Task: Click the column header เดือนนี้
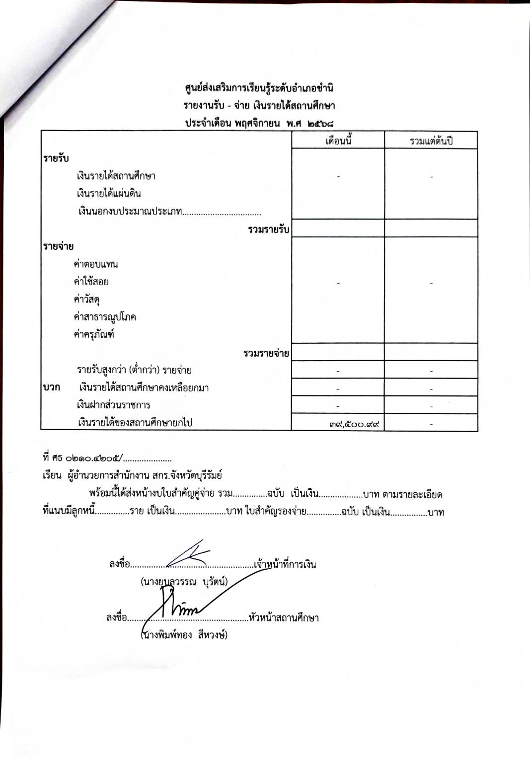[x=338, y=141]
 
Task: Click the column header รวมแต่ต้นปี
[x=431, y=141]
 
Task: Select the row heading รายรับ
[x=56, y=158]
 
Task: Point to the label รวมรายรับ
[x=268, y=229]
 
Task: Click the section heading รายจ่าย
[x=58, y=246]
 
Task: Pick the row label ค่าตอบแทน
[x=95, y=264]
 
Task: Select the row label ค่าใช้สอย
[x=91, y=282]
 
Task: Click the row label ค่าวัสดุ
[x=87, y=300]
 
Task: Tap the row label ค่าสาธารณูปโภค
[x=105, y=317]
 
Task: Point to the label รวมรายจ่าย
[x=266, y=354]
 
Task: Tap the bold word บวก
[x=52, y=387]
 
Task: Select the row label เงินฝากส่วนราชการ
[x=114, y=405]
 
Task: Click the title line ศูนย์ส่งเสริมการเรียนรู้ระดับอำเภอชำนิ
[x=259, y=89]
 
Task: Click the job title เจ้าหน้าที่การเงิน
[x=285, y=565]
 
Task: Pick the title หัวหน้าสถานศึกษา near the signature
[x=284, y=618]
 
